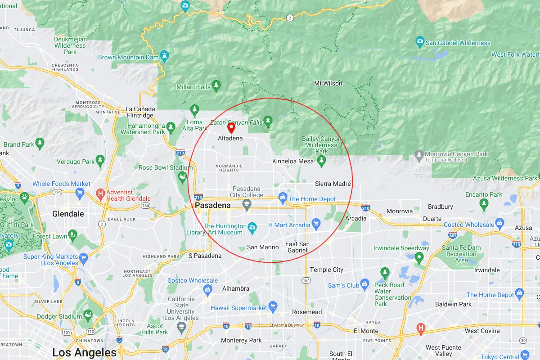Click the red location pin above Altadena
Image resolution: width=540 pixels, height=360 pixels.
pos(231,128)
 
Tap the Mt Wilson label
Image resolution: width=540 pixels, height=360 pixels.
pos(328,83)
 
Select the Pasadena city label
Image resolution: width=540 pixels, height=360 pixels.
pos(213,205)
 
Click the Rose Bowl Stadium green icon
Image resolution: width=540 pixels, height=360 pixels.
pos(182,177)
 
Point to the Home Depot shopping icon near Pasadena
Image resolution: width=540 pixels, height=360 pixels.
pos(283,197)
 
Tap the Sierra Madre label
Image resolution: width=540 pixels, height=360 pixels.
pos(333,184)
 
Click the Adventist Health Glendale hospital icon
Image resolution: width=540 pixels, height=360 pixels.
pos(101,195)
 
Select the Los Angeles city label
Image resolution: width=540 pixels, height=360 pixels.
pos(85,352)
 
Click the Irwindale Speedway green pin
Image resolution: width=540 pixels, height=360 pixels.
pos(419,258)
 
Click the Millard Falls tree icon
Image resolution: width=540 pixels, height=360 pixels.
pos(216,85)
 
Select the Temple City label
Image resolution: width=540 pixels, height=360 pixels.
pos(327,270)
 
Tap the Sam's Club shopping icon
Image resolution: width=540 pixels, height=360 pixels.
pos(365,284)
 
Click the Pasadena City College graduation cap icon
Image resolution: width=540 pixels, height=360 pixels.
pos(247,205)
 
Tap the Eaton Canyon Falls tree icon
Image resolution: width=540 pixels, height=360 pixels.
pos(268,121)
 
